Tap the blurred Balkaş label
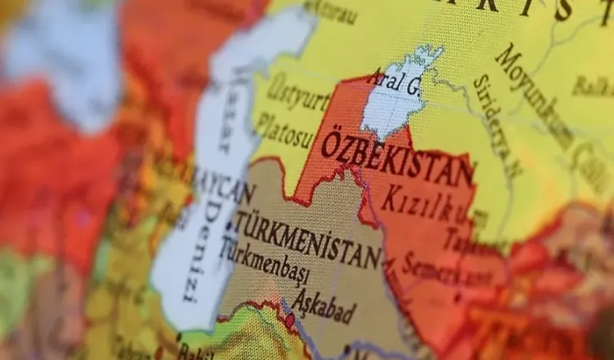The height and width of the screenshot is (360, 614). [x=592, y=86]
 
